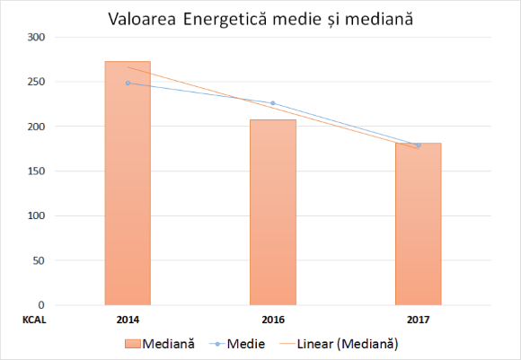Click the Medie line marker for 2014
point(128,83)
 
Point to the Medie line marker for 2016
point(273,103)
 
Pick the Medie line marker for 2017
point(419,145)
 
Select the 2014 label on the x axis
point(128,319)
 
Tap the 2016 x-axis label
point(273,319)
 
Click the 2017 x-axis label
point(419,319)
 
